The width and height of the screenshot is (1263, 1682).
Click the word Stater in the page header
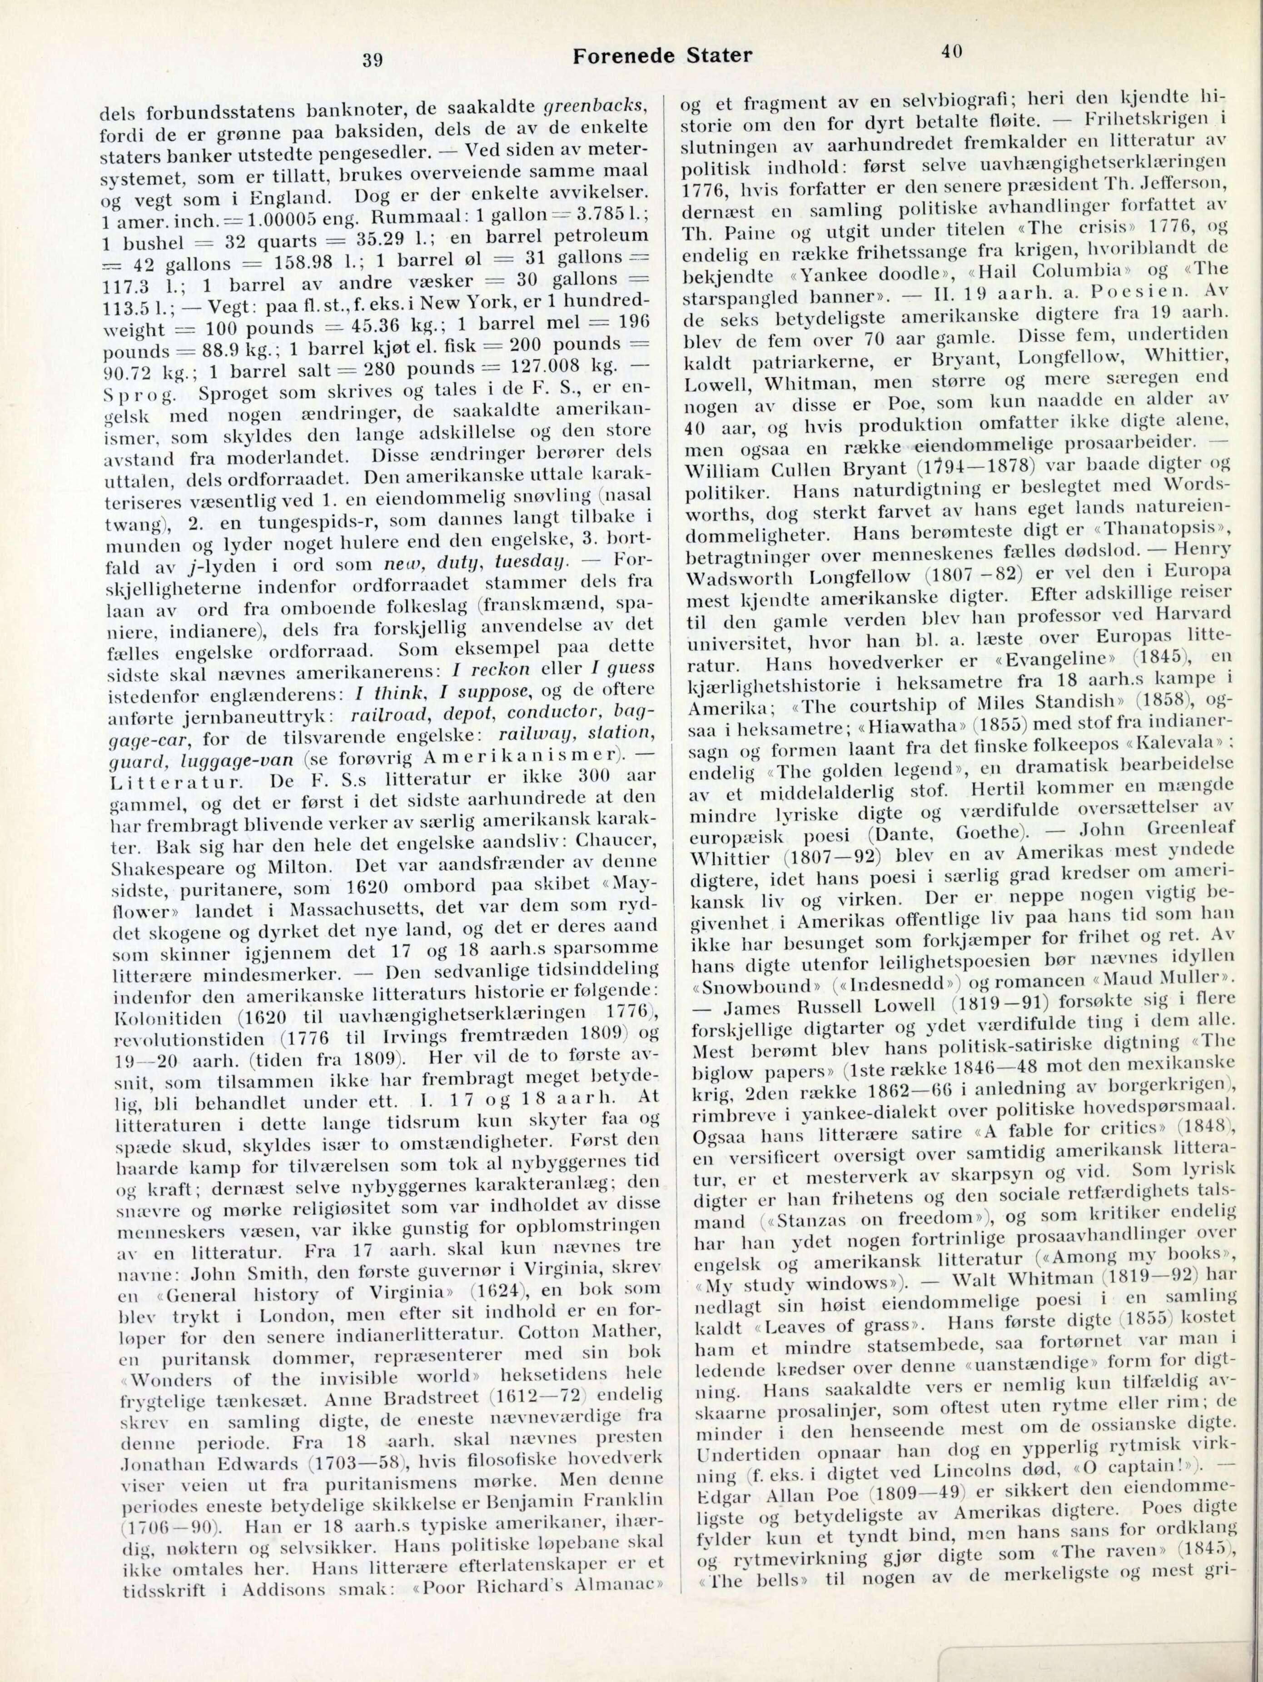tap(718, 55)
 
